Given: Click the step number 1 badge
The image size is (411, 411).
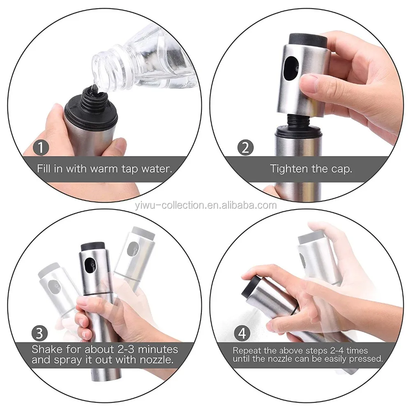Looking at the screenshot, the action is (41, 147).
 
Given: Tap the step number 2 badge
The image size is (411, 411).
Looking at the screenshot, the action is (245, 147).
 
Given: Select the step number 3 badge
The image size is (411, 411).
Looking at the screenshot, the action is (39, 333).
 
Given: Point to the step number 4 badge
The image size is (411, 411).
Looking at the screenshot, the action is (242, 333).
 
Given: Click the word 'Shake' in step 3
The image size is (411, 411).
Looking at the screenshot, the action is (47, 349).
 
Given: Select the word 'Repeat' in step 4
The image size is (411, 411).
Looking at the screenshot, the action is (247, 351).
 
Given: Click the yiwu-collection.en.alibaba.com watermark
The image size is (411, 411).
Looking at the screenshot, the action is (206, 205).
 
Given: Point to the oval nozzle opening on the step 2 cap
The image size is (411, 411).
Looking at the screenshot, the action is (291, 68).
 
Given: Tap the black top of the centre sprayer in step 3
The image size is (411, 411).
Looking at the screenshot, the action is (93, 247).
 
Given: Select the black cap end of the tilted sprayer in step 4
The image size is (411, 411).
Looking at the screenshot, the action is (250, 286).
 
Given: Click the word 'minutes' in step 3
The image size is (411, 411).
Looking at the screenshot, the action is (158, 349).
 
